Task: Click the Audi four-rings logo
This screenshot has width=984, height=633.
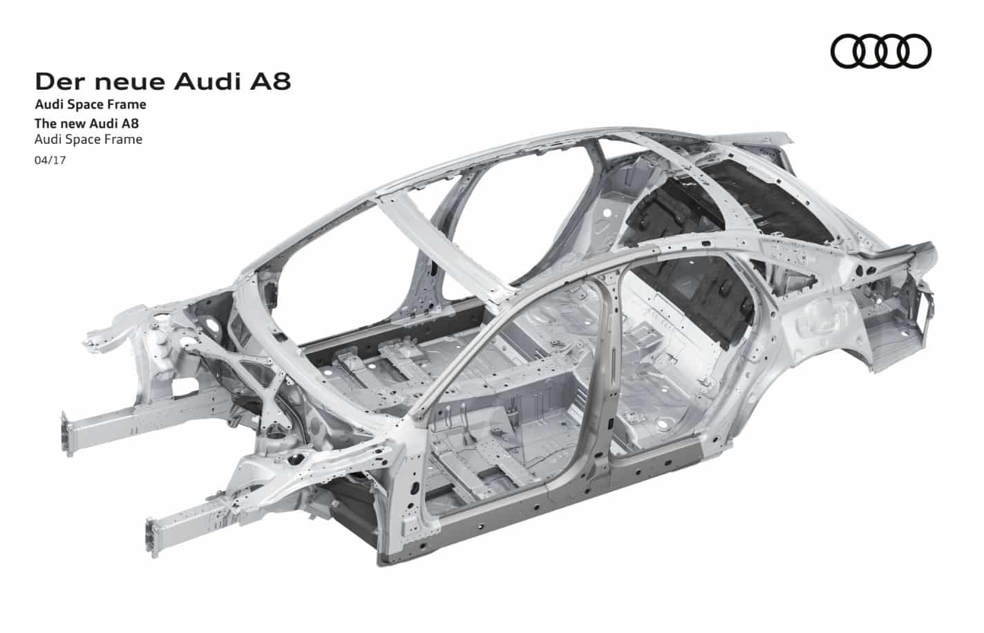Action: (x=881, y=51)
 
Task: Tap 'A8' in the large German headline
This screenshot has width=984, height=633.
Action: (x=270, y=82)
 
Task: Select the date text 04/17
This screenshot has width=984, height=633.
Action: (x=50, y=160)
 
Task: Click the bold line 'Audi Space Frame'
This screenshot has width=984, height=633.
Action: (x=91, y=105)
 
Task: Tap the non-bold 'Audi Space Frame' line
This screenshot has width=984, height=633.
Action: (x=88, y=140)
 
